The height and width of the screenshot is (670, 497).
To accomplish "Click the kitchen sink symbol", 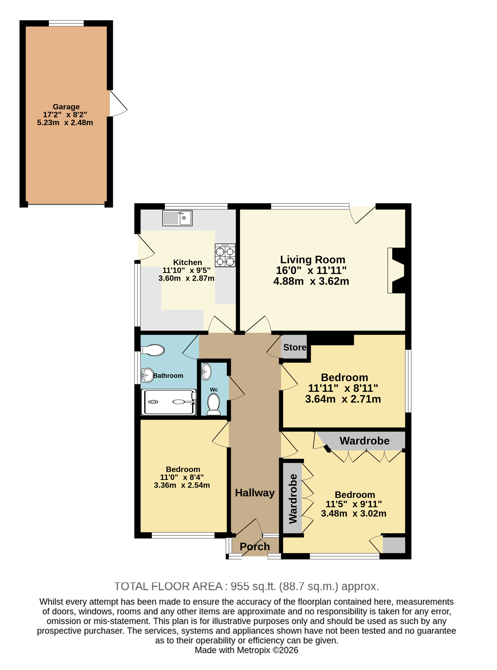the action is [x=177, y=218].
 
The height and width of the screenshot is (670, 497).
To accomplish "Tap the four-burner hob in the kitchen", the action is [x=225, y=255].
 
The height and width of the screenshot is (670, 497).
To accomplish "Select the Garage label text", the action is [x=66, y=107].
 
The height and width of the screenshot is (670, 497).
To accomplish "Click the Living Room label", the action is [x=313, y=259].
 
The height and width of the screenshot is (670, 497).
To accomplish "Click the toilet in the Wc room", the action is [x=214, y=404].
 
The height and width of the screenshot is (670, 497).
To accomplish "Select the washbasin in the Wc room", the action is [x=206, y=371].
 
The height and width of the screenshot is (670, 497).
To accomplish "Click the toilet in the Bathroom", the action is [x=153, y=350].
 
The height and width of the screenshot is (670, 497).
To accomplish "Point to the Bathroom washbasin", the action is [x=147, y=375].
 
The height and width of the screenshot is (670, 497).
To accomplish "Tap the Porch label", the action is [x=255, y=546].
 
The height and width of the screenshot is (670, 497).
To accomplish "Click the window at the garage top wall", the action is [x=66, y=23].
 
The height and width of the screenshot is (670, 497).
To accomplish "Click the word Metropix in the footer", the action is [x=254, y=650].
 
